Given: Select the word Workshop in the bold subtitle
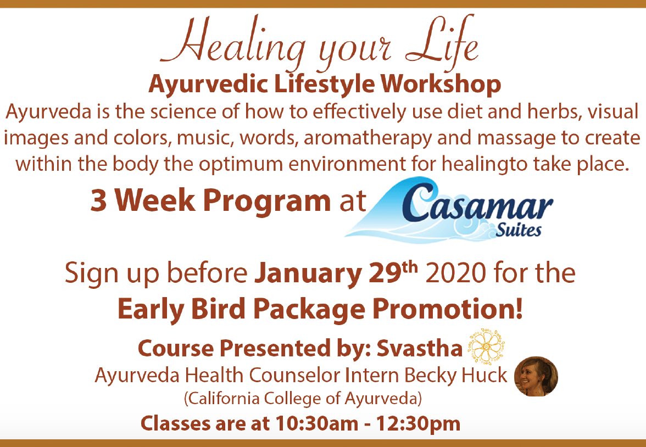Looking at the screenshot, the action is point(441,85).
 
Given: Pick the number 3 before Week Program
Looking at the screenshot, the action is point(98,200).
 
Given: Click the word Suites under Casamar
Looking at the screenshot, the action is point(519,230).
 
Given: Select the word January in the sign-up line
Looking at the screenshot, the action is point(308,275).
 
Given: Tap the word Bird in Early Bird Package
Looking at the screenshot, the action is point(219,309).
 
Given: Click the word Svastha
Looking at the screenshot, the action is point(420,349).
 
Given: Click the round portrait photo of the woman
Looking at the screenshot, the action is point(536,377).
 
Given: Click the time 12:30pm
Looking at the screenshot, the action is point(417,423).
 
